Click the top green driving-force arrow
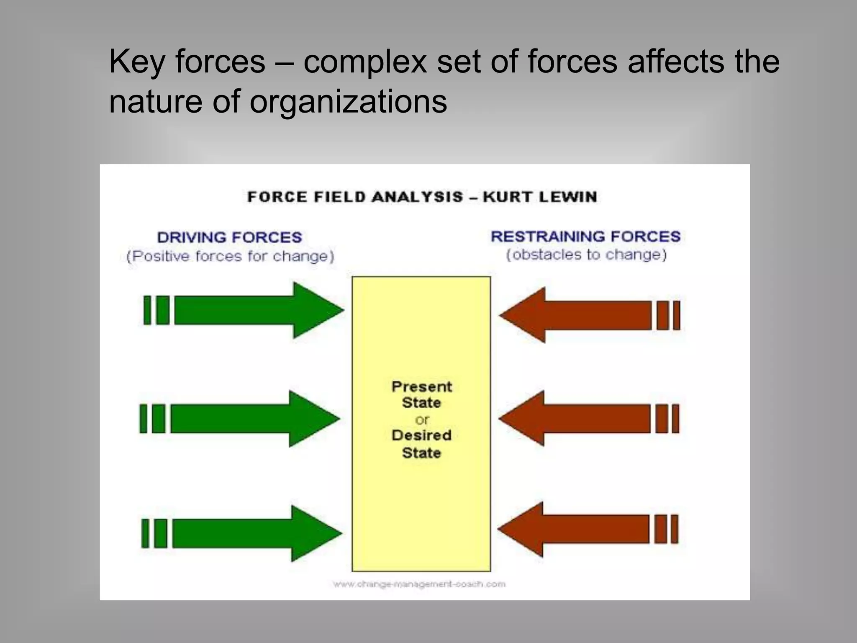click(x=251, y=310)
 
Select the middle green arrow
click(x=247, y=419)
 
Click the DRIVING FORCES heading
click(x=229, y=237)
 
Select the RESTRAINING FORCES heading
click(x=585, y=237)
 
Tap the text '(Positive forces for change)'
click(x=230, y=256)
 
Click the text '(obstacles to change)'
click(x=586, y=255)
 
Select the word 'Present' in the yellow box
click(x=421, y=386)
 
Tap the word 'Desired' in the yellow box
click(x=421, y=435)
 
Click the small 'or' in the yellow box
click(x=422, y=419)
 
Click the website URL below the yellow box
click(x=419, y=584)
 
